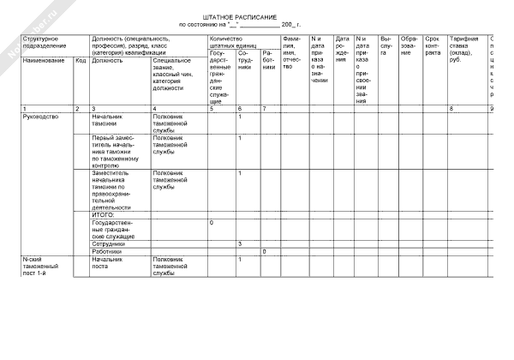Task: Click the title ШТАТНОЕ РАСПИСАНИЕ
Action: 252,17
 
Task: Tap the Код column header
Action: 81,61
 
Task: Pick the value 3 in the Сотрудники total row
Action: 240,243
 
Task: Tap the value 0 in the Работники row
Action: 264,251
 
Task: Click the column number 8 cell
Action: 451,108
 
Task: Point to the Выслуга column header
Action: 386,45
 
